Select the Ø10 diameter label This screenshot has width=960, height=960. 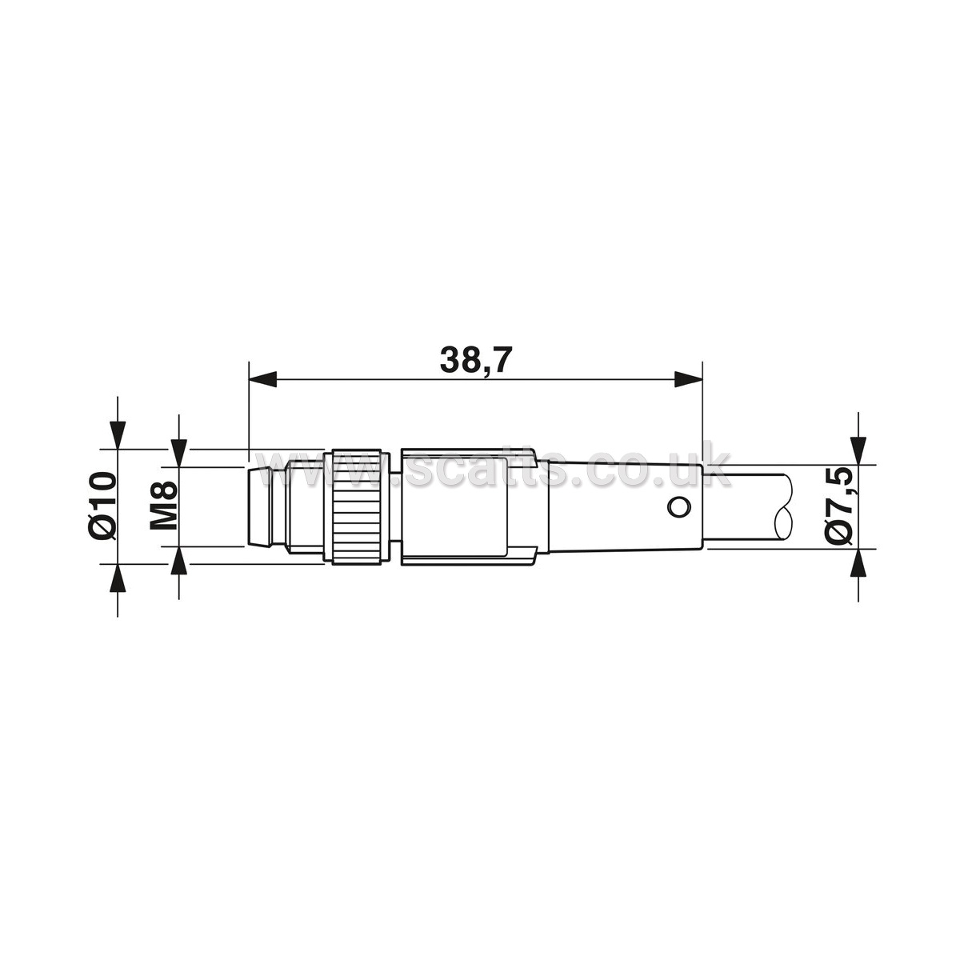tap(102, 506)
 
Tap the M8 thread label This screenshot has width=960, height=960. tap(163, 505)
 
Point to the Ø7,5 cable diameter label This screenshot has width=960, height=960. tap(838, 506)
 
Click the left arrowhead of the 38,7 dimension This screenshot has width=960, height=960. tap(262, 378)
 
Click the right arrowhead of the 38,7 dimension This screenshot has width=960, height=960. tap(688, 378)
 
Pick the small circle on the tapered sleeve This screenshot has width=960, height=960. tap(679, 508)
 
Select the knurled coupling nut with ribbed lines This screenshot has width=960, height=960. tap(357, 507)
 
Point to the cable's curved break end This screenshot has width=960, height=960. tap(784, 506)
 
